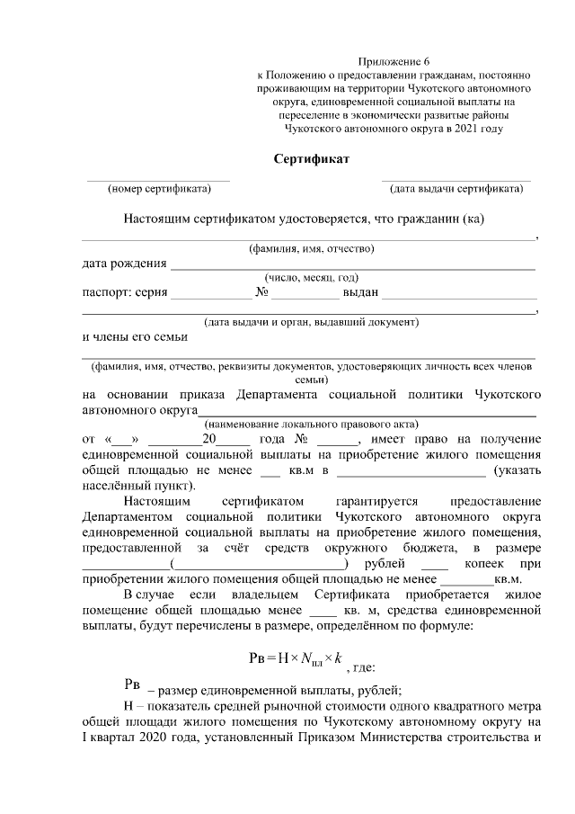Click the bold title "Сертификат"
311,159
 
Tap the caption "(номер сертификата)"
159,189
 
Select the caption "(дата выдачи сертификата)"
456,189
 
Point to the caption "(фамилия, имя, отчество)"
311,248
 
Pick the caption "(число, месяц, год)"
311,278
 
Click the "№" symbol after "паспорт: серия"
262,293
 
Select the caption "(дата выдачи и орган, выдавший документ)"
311,321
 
